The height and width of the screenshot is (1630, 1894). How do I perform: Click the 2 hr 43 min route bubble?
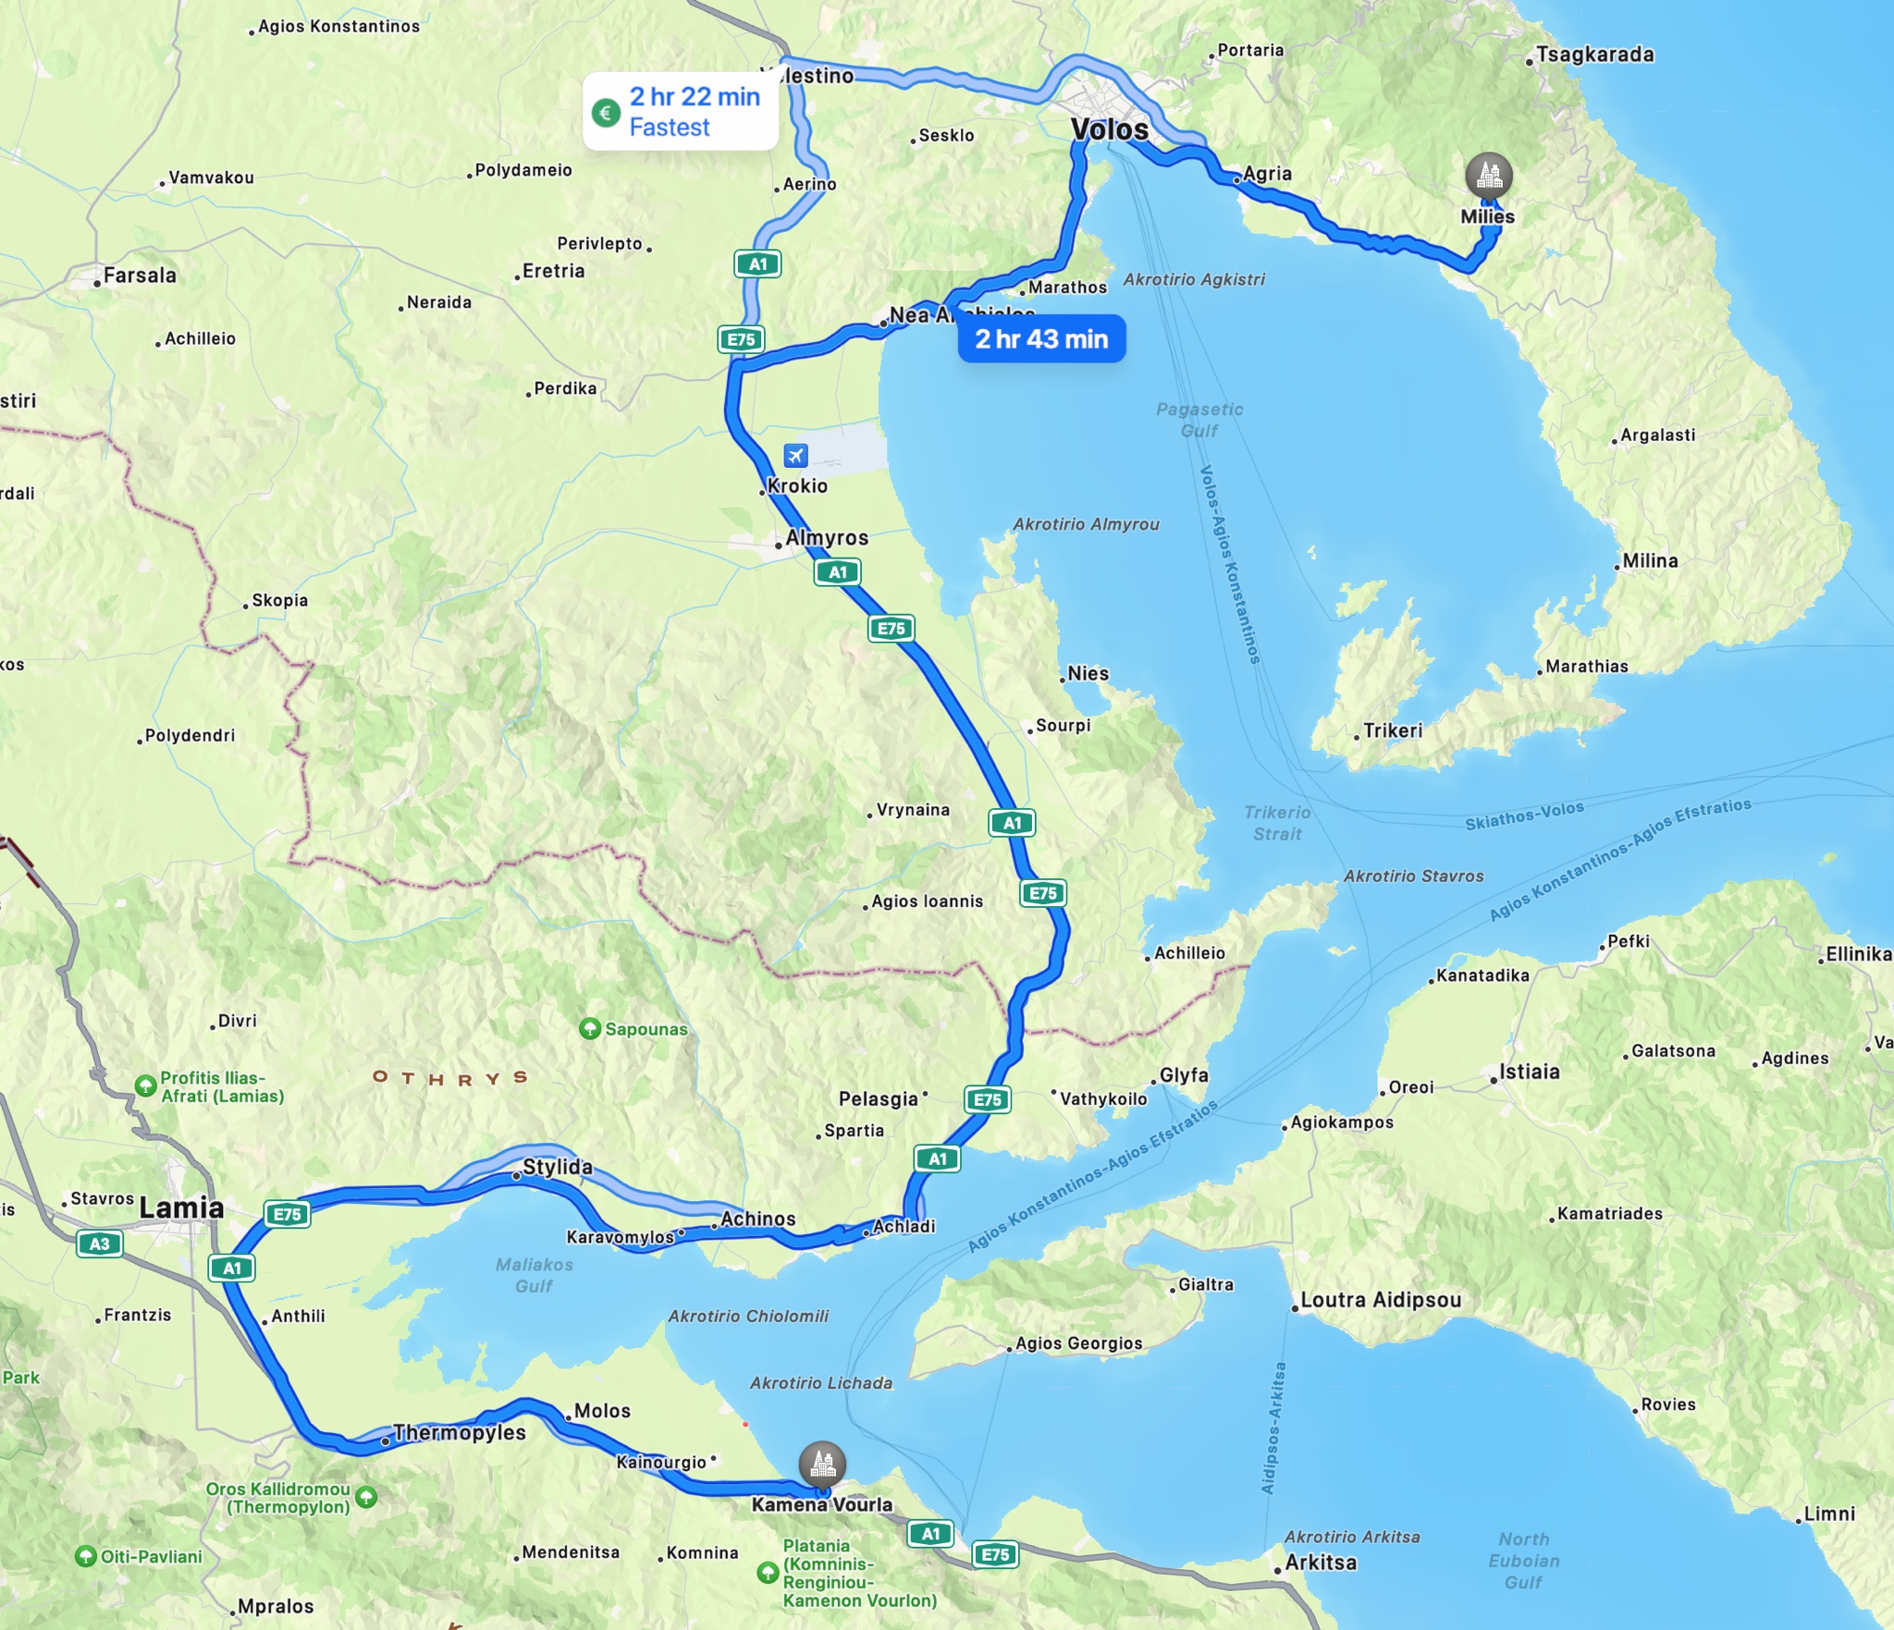pos(1041,339)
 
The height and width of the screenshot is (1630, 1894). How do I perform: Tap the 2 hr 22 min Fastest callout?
pos(681,112)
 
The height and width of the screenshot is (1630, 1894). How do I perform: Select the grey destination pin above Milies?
pos(1489,175)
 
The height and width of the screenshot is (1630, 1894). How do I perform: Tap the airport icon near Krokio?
pos(795,456)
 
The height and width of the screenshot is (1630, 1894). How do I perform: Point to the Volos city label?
pos(1109,129)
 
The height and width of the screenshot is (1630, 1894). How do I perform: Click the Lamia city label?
pos(181,1207)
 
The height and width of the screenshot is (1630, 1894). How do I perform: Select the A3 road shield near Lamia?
pos(99,1244)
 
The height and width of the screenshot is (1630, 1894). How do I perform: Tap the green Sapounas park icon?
pos(589,1029)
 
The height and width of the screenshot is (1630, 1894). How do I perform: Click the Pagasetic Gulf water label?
pos(1199,420)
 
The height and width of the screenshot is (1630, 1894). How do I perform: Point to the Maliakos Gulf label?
pos(534,1275)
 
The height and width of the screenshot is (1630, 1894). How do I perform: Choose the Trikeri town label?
pos(1392,730)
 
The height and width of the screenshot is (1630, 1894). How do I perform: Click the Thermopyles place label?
pos(459,1433)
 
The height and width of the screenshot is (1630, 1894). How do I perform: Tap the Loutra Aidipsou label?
pos(1380,1300)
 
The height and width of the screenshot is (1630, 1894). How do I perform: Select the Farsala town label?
pos(139,276)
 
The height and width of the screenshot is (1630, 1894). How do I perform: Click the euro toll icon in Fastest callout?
pos(606,113)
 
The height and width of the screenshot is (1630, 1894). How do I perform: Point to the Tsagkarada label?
pos(1594,55)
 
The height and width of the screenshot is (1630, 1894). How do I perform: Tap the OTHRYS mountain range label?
pos(450,1078)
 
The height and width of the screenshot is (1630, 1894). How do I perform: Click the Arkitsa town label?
pos(1321,1563)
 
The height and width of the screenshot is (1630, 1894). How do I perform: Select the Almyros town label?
pos(826,538)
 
